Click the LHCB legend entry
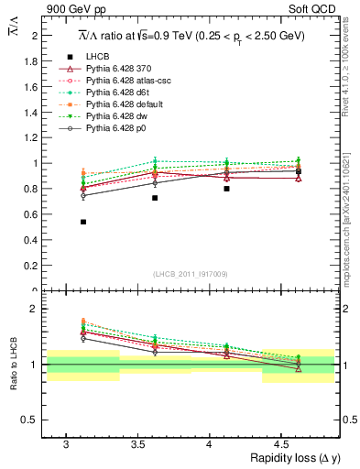coord(97,57)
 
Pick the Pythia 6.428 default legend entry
coord(123,104)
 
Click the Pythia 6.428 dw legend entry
coord(116,116)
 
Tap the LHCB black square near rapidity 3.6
coord(155,198)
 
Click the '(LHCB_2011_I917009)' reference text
coord(190,274)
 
